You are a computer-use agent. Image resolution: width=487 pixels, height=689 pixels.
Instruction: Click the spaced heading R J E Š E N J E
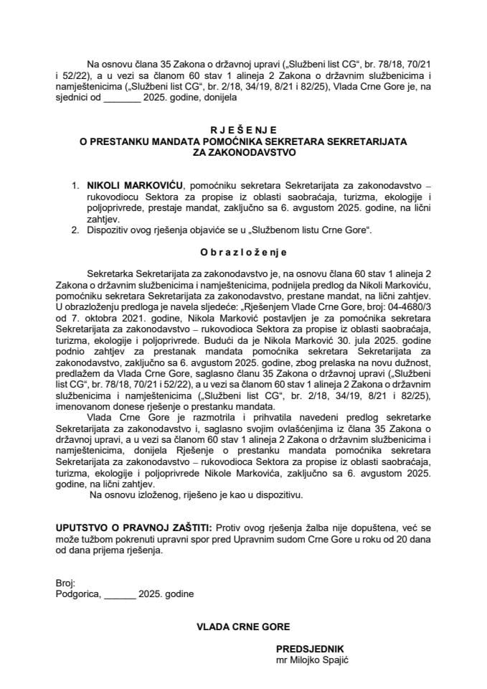point(242,131)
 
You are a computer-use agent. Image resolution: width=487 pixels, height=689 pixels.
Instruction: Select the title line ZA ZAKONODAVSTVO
point(242,152)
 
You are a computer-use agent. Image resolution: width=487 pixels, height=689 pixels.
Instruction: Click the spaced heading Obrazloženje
point(242,252)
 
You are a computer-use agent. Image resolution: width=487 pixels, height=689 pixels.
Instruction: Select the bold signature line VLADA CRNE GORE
point(243,627)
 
